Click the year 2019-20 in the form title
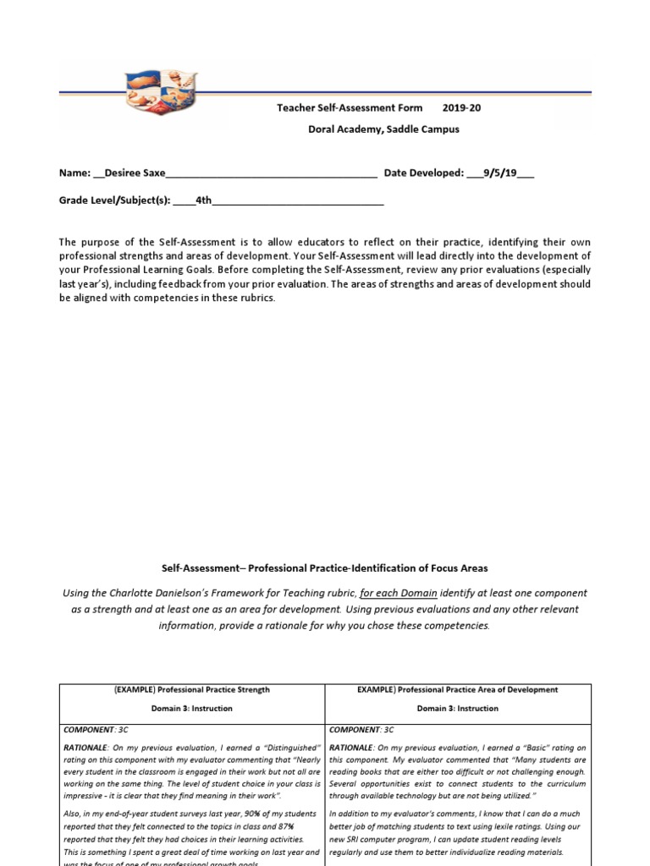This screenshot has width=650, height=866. point(461,108)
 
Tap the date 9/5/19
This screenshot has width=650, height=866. point(500,173)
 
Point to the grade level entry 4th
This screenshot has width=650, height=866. point(203,200)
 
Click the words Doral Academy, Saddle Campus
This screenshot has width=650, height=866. point(383,129)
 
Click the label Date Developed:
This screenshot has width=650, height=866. point(423,173)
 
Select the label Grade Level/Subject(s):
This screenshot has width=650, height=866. point(114,200)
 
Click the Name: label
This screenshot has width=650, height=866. point(74,173)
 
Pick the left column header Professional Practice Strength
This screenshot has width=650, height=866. point(192,689)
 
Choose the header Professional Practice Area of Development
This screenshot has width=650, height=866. point(458,689)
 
